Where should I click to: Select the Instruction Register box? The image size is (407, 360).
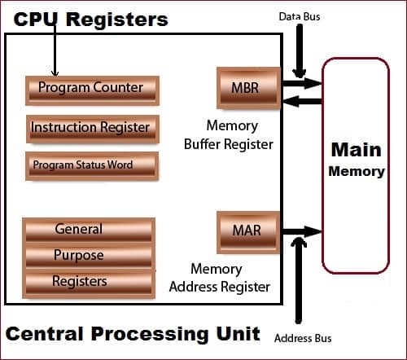tap(90, 128)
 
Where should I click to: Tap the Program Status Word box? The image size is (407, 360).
tap(90, 165)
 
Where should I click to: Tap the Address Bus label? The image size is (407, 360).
tap(303, 338)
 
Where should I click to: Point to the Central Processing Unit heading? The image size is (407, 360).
tap(133, 333)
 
